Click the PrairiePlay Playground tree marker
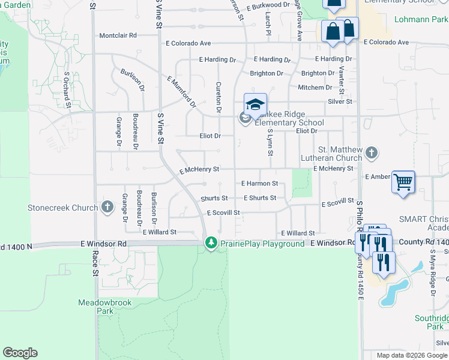[211, 243]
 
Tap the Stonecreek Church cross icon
[107, 208]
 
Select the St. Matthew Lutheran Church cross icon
[371, 153]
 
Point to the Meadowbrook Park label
[97, 307]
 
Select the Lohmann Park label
[421, 20]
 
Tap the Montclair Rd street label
[118, 35]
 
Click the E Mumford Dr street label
[182, 91]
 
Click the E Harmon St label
[259, 184]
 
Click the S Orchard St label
[68, 89]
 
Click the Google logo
[20, 353]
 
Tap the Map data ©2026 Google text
[411, 355]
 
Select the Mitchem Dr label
[315, 88]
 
